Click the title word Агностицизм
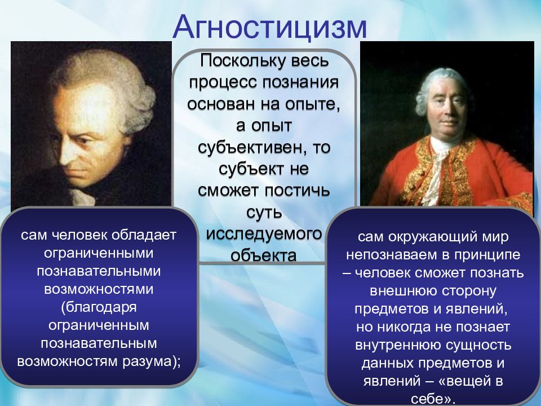pyautogui.click(x=269, y=28)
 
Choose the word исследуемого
pyautogui.click(x=264, y=234)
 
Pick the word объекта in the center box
pyautogui.click(x=264, y=255)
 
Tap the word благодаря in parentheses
pyautogui.click(x=101, y=307)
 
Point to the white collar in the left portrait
pyautogui.click(x=83, y=197)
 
